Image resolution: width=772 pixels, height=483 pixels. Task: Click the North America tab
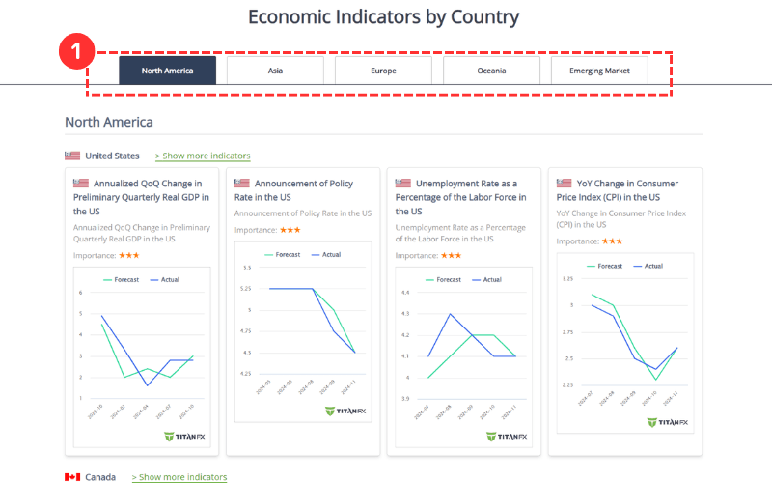[167, 71]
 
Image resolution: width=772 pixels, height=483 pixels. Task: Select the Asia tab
[275, 71]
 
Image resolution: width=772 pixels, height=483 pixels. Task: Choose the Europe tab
[383, 71]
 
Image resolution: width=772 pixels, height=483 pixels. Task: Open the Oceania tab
[491, 71]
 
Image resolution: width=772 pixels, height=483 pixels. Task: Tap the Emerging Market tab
[599, 71]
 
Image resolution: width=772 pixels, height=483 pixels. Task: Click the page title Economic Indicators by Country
[383, 16]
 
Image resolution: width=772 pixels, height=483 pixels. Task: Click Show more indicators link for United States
[203, 156]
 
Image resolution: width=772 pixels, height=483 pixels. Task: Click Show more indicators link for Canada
[179, 477]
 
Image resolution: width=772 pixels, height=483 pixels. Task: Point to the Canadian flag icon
[72, 477]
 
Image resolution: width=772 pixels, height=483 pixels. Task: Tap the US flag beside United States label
[72, 156]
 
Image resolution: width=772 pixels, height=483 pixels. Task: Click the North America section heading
[108, 122]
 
